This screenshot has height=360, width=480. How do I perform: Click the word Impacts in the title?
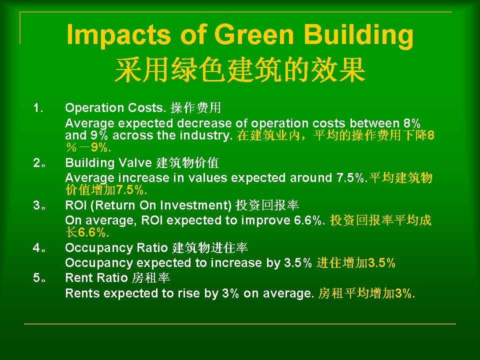[118, 34]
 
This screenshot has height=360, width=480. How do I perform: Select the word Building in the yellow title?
[359, 34]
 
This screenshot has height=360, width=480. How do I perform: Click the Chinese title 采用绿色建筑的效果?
[240, 70]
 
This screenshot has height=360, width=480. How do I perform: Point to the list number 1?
[38, 108]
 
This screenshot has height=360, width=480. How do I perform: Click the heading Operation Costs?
[115, 108]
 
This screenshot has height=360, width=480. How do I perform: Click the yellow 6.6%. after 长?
[93, 232]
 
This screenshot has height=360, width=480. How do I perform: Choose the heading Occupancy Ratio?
[116, 248]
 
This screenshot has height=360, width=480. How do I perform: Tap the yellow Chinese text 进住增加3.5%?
[356, 263]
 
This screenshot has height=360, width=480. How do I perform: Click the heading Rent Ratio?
[96, 278]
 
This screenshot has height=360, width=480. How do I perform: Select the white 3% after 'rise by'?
[230, 293]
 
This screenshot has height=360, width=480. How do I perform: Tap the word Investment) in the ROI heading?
[196, 205]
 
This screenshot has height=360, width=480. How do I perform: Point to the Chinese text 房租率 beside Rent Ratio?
[151, 278]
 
